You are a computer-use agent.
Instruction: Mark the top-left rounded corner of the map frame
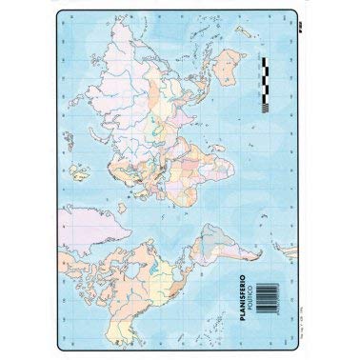point(58,14)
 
